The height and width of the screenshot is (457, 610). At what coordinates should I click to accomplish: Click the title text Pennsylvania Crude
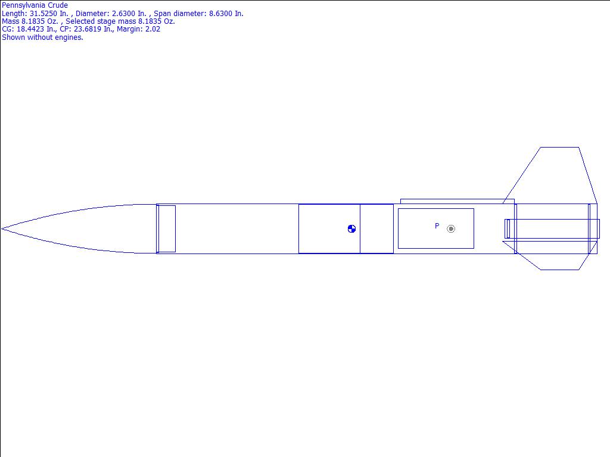pos(35,5)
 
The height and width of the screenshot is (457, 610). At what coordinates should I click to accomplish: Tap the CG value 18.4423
pos(30,29)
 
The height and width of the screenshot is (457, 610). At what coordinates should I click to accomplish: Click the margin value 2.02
pos(152,29)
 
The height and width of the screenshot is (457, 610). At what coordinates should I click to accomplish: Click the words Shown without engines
pos(42,37)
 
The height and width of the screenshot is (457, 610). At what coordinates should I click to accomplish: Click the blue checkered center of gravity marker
pos(351,229)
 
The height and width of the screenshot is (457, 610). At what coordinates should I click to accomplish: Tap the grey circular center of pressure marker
pos(451,229)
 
